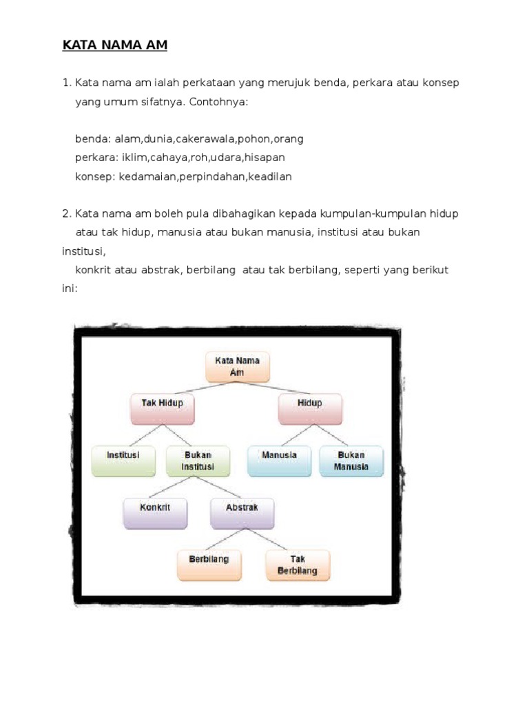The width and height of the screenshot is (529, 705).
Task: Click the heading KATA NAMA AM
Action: click(x=115, y=45)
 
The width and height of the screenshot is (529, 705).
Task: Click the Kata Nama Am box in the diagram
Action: click(x=238, y=367)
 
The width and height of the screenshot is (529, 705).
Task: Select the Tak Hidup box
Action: click(x=163, y=409)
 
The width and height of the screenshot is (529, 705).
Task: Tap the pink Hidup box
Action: click(x=310, y=409)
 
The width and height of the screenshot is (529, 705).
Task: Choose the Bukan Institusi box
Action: click(x=198, y=461)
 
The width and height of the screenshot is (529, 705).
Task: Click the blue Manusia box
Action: click(x=279, y=461)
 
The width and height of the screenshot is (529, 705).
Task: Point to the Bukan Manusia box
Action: click(x=351, y=461)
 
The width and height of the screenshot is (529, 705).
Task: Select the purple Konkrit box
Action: click(x=155, y=513)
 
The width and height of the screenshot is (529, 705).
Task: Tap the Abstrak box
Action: click(x=242, y=513)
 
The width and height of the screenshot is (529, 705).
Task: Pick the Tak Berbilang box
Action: click(x=298, y=565)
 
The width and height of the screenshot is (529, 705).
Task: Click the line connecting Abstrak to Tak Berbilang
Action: click(x=269, y=538)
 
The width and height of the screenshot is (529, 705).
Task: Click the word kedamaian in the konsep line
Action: click(x=148, y=176)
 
